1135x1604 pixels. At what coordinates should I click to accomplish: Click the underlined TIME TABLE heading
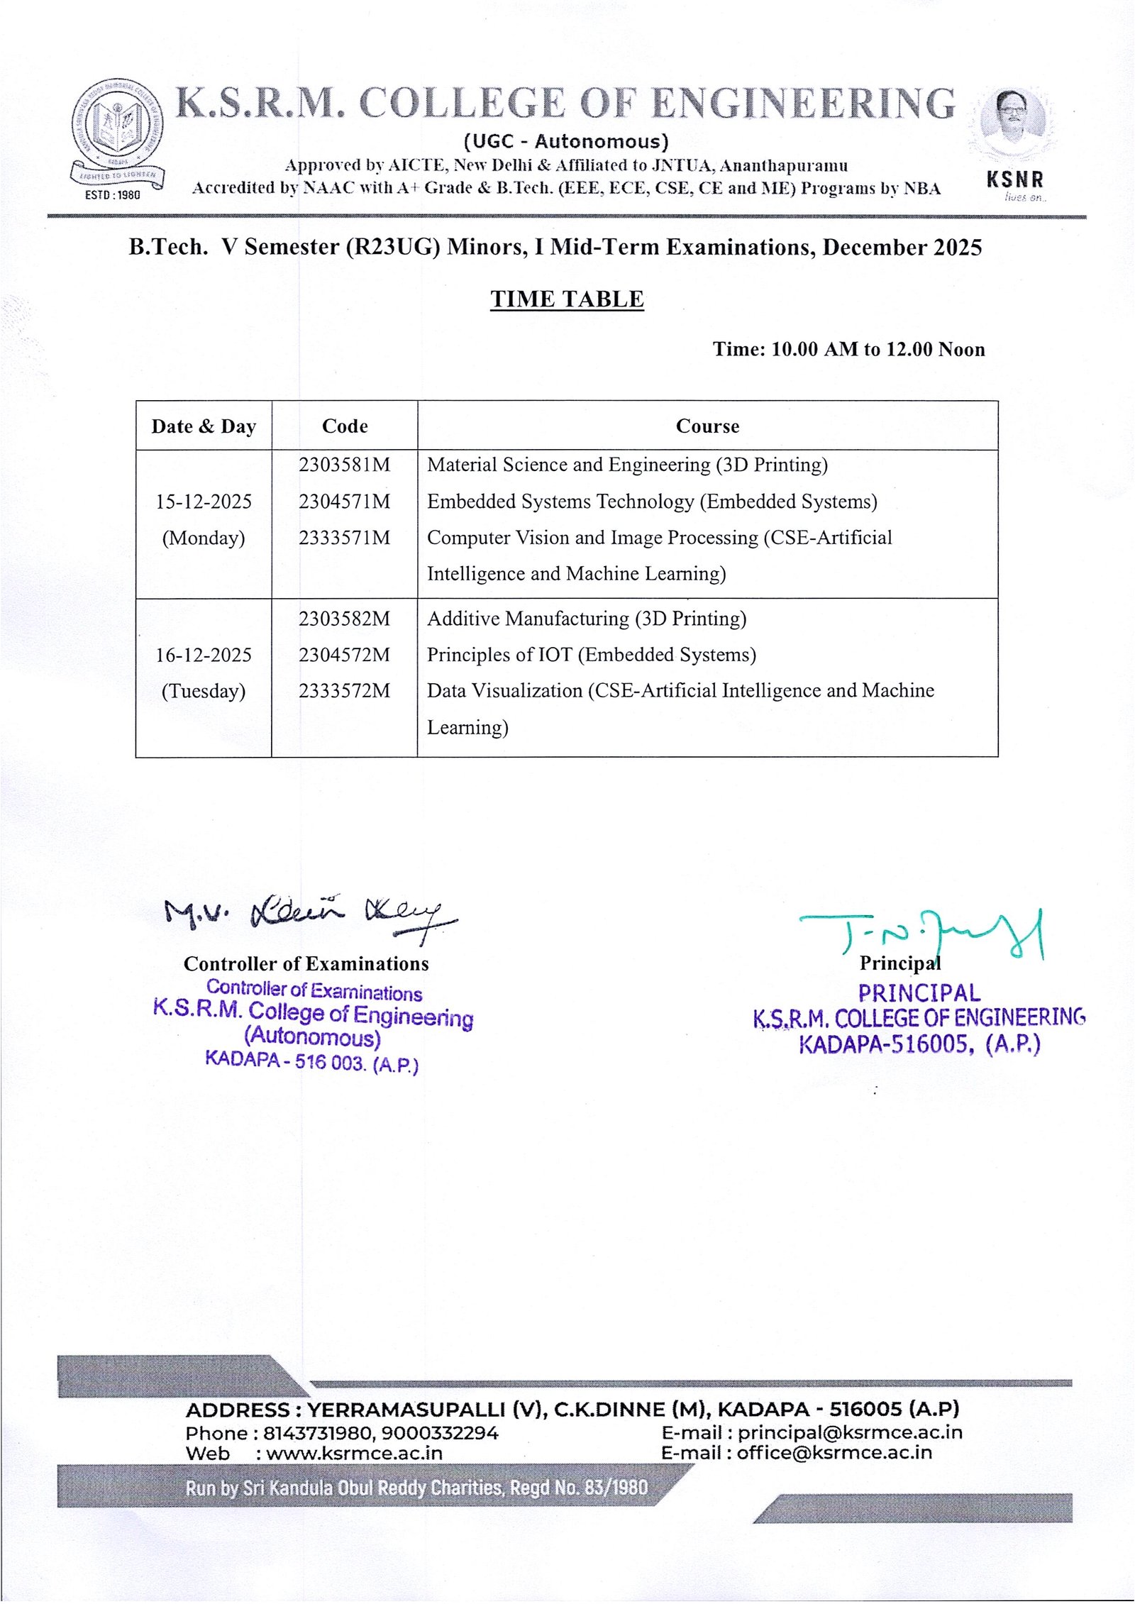(x=567, y=299)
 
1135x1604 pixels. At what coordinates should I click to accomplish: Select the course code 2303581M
(x=344, y=465)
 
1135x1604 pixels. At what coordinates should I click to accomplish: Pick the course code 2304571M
(x=344, y=502)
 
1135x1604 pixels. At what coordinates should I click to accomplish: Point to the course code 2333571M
(x=344, y=538)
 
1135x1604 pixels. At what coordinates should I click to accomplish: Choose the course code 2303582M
(x=344, y=619)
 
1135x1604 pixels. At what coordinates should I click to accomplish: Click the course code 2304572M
(x=344, y=655)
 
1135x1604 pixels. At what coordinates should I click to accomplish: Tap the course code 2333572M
(x=344, y=691)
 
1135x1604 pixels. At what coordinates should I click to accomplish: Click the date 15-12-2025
(x=204, y=502)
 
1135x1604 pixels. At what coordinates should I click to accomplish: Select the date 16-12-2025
(x=204, y=655)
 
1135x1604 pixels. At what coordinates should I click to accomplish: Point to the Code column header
(x=345, y=426)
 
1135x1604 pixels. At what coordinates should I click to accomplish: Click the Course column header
(x=707, y=426)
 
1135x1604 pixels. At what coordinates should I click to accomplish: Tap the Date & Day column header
(x=204, y=426)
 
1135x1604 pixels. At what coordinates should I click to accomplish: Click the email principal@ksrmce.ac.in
(x=850, y=1432)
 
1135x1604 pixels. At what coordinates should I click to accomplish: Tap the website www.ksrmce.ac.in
(x=354, y=1453)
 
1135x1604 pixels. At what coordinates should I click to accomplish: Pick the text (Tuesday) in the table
(x=204, y=691)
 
